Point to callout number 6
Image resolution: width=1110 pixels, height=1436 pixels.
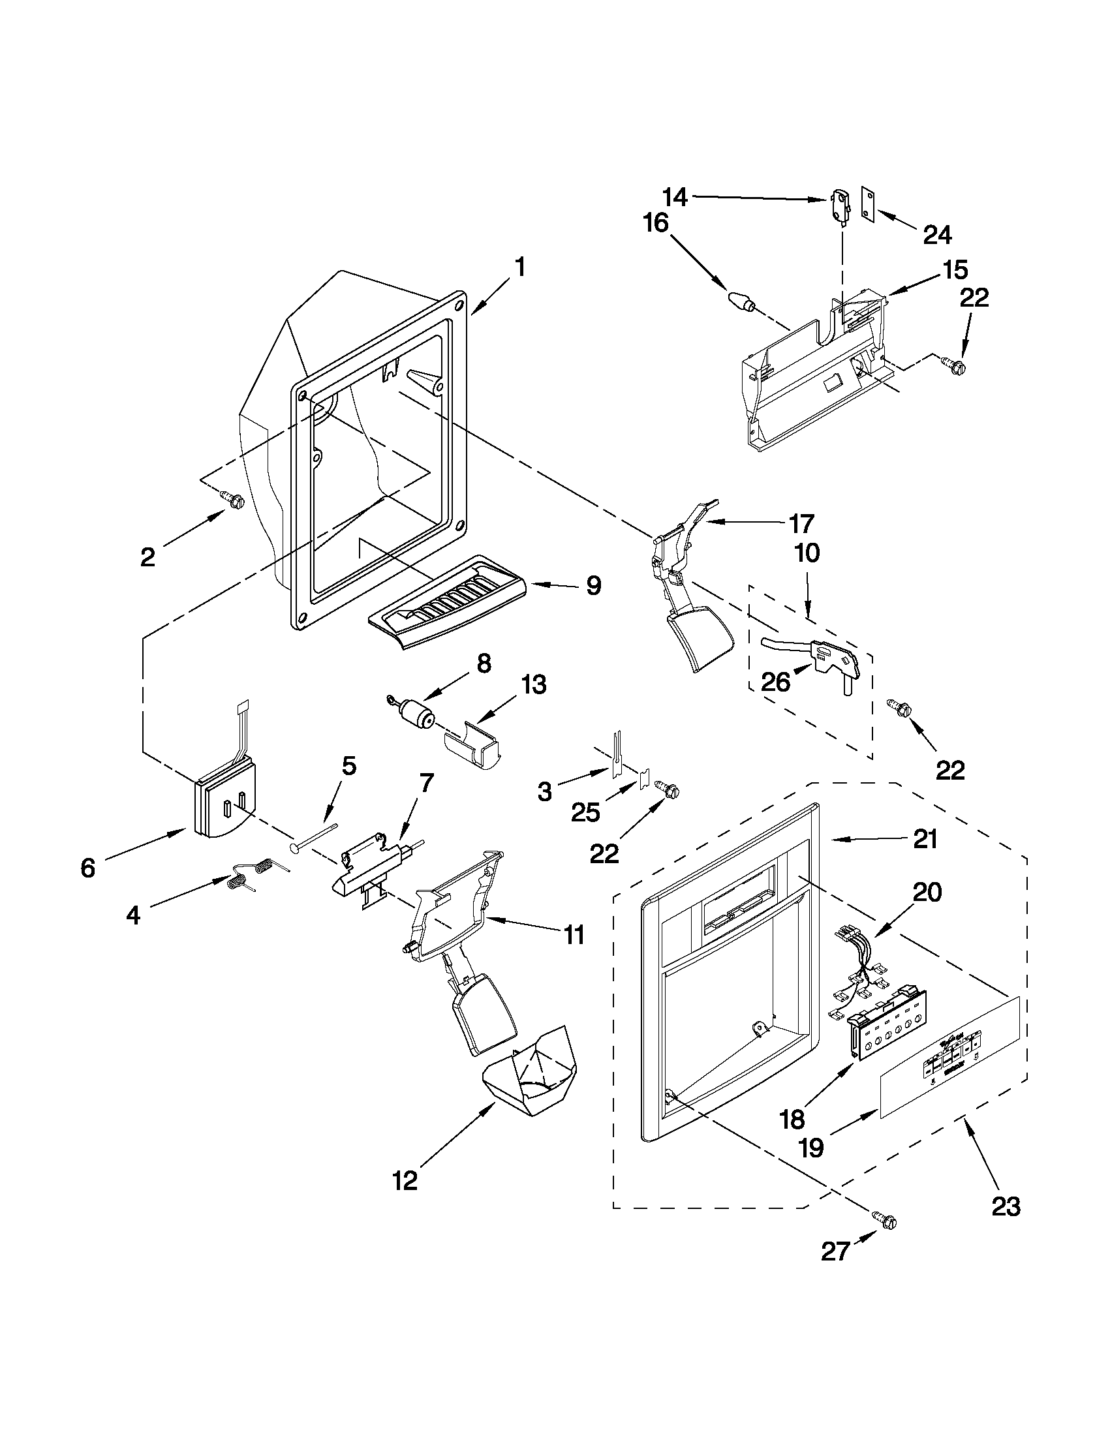tap(88, 868)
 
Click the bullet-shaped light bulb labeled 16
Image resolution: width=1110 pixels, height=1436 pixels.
tap(742, 302)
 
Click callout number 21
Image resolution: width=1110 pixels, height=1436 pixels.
tap(925, 840)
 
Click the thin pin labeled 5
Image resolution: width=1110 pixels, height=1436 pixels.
tap(315, 836)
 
